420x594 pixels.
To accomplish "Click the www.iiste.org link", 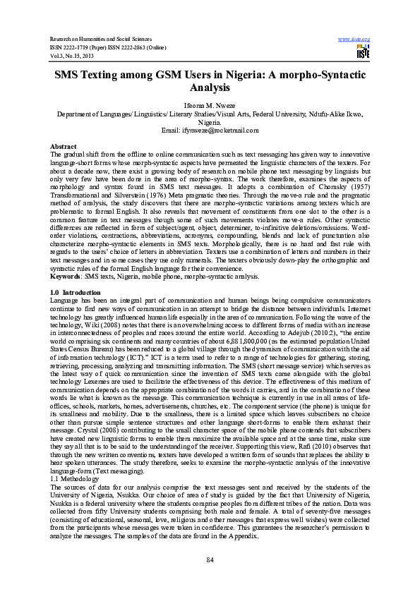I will pyautogui.click(x=354, y=38).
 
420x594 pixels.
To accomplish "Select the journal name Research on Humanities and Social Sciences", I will pyautogui.click(x=100, y=38).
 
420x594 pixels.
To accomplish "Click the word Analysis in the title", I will pyautogui.click(x=210, y=89).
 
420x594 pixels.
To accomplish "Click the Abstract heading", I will pyautogui.click(x=64, y=145).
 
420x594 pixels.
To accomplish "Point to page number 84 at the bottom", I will pyautogui.click(x=210, y=560).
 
